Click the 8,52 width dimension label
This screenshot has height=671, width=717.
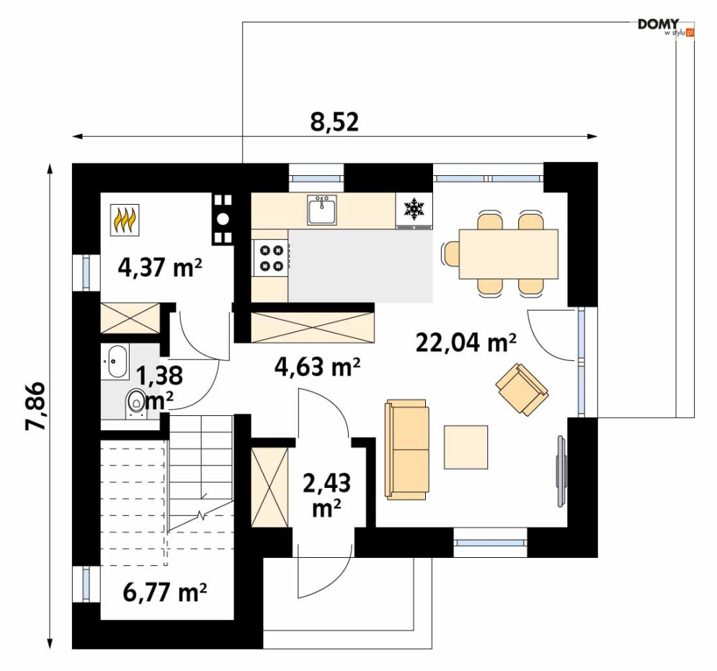coord(335,122)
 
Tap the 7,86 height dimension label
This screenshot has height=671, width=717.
coord(35,406)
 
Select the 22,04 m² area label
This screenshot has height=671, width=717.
coord(466,342)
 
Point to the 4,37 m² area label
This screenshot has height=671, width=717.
coord(159,267)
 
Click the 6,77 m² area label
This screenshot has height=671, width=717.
coord(164,592)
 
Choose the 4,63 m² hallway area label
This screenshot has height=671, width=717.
coord(317,366)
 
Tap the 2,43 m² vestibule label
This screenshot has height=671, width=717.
coord(327,495)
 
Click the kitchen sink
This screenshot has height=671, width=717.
coord(322,210)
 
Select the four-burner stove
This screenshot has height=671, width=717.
coord(272,257)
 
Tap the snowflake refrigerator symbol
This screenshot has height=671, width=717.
coord(414,208)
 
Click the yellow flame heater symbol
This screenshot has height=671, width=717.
coord(125,220)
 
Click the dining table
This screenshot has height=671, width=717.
coord(509,254)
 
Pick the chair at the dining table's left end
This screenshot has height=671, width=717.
coord(450,253)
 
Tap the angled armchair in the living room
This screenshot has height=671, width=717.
coord(522,389)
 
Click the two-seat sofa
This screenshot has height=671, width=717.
coord(407,449)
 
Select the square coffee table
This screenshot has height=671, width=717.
coord(466,447)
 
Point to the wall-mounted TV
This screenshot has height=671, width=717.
coord(561,471)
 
